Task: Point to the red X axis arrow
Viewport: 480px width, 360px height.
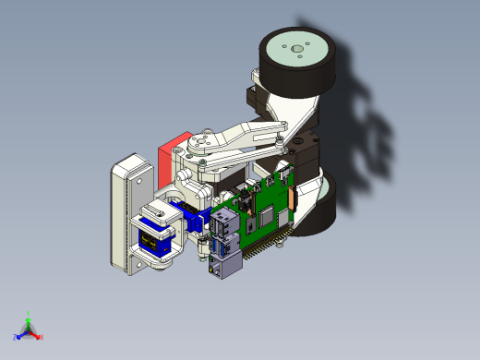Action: pos(36,334)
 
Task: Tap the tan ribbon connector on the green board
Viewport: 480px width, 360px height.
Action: pos(293,196)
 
